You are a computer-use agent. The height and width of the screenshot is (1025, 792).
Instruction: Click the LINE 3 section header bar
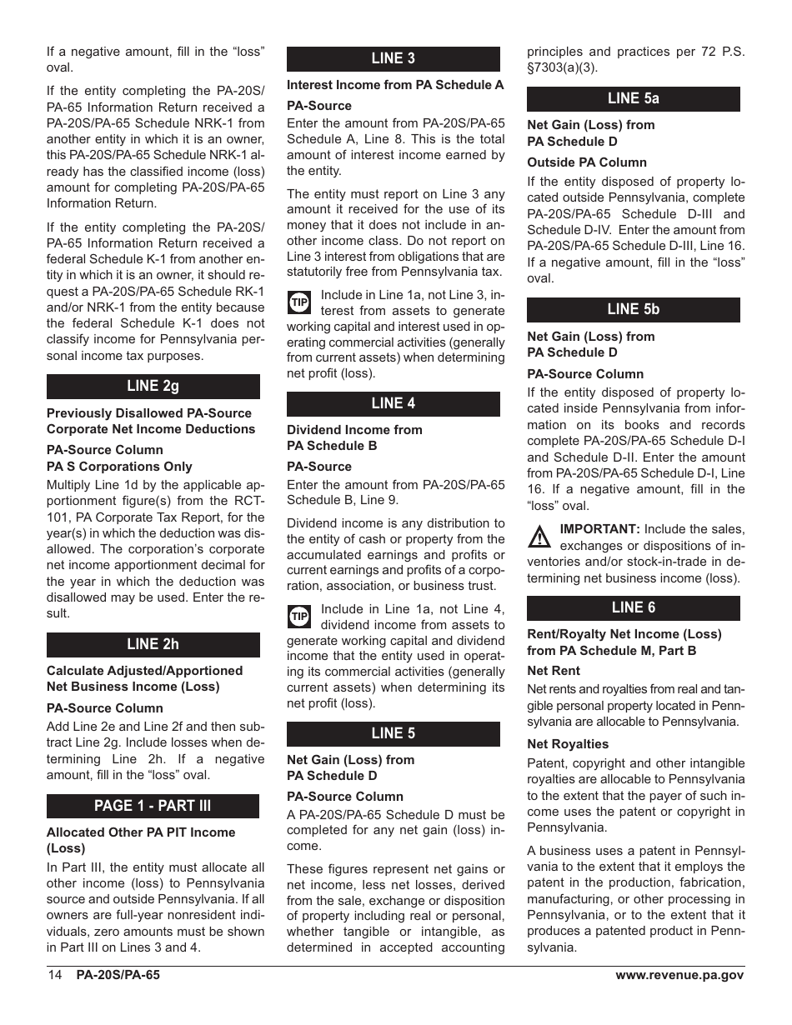point(393,58)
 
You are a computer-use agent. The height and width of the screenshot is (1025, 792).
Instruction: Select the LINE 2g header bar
point(153,387)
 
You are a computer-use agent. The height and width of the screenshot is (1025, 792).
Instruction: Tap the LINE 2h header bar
point(153,644)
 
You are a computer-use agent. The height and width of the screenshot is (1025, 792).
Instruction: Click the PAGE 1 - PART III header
point(153,806)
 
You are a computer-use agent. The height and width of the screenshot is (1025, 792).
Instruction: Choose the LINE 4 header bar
point(393,403)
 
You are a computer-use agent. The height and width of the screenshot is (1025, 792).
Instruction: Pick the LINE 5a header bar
point(633,98)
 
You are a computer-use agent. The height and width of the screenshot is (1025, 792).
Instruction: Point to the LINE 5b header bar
point(633,309)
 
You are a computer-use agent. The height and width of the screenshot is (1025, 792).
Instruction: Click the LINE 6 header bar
point(633,607)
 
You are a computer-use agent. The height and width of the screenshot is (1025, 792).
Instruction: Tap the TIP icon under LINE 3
point(299,302)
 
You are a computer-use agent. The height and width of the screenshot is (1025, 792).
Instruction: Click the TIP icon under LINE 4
point(299,616)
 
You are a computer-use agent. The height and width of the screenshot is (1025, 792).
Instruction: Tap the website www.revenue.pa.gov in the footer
point(679,976)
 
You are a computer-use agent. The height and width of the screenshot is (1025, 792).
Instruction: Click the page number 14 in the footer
point(56,976)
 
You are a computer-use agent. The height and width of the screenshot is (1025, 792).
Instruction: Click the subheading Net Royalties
point(568,744)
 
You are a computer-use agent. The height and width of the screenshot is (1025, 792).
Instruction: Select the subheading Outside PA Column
point(587,162)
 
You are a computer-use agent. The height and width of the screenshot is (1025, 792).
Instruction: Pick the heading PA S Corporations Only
point(119,467)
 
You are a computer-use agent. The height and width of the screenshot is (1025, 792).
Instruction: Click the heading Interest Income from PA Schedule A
point(395,85)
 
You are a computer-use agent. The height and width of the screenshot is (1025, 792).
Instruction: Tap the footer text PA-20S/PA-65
point(118,976)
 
